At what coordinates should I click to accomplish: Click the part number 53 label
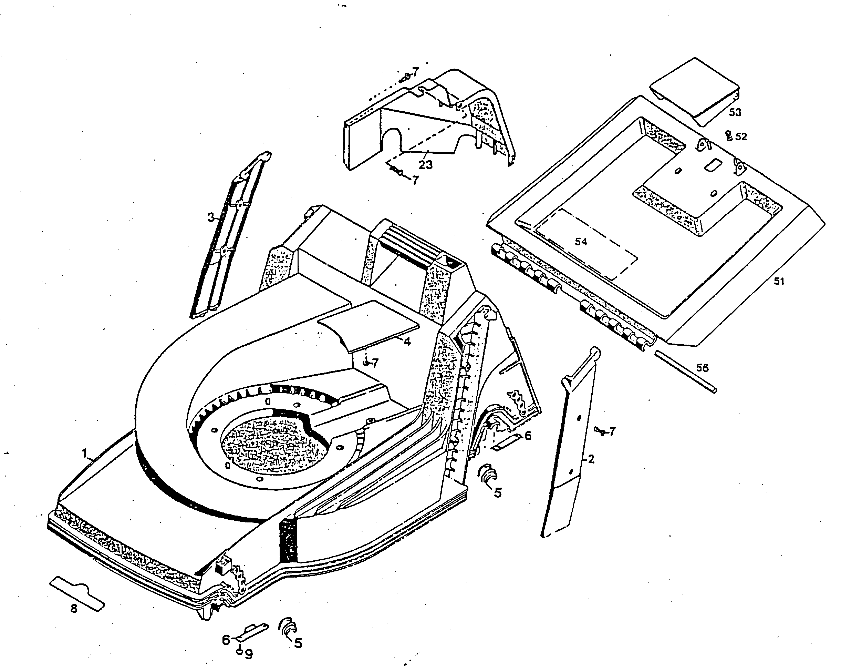735,112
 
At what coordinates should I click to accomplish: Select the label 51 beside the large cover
779,281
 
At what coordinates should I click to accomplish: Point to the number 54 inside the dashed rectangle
581,242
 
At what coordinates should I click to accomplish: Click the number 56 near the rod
702,368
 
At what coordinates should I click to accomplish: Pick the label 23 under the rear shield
426,165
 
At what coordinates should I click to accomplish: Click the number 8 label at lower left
74,608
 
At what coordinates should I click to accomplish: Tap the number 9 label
249,654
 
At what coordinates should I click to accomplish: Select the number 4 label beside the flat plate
407,342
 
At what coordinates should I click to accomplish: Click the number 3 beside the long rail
211,217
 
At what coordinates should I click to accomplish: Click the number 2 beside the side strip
591,459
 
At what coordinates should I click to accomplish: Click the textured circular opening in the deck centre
273,445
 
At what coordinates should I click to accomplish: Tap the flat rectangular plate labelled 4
369,325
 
